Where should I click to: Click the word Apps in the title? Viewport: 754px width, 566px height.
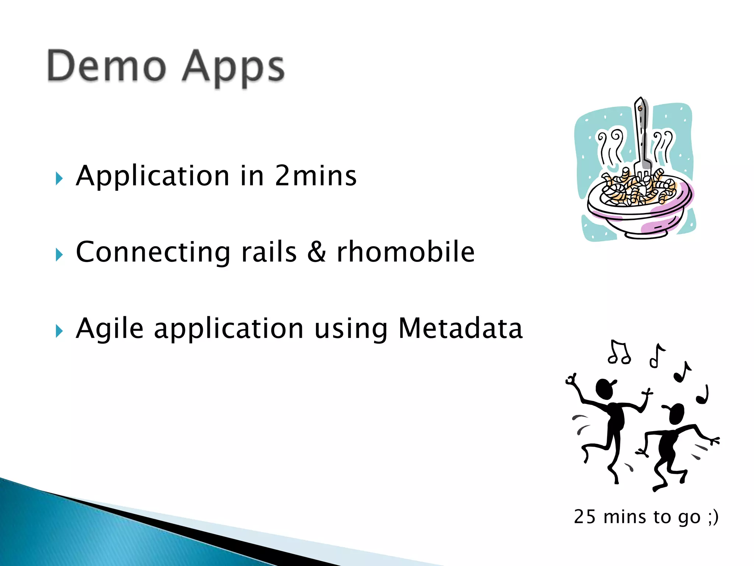coord(233,68)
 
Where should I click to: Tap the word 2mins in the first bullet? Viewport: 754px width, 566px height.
coord(316,176)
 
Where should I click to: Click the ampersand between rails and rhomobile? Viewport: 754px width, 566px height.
coord(317,252)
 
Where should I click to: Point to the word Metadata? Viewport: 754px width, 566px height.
coord(460,328)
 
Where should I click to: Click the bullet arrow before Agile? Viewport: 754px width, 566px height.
coord(59,331)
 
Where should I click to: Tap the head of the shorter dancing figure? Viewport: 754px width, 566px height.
coord(676,413)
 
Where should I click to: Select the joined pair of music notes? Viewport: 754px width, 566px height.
coord(619,353)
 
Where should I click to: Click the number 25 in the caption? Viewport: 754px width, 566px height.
coord(585,517)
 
